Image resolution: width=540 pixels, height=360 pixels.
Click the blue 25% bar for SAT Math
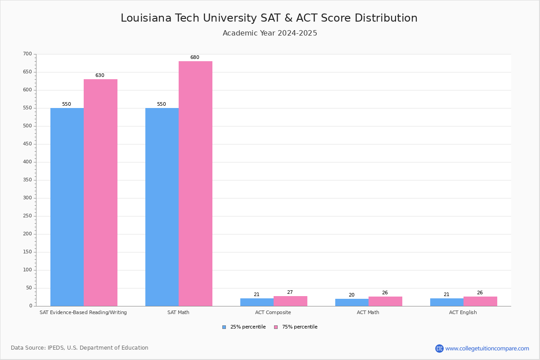point(162,207)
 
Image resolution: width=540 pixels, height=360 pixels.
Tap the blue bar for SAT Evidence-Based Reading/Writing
point(67,207)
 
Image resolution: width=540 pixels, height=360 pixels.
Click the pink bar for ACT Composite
point(290,301)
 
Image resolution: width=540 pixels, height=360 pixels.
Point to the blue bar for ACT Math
point(352,302)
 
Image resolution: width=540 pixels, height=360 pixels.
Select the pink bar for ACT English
point(480,301)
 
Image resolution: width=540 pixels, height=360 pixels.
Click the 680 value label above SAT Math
point(194,58)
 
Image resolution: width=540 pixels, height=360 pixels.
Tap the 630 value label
point(99,76)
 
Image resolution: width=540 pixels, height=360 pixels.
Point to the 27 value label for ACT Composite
point(290,292)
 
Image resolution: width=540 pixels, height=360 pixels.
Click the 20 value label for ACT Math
point(351,295)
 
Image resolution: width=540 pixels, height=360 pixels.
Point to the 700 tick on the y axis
point(27,54)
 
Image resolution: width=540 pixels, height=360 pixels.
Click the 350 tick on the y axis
point(27,180)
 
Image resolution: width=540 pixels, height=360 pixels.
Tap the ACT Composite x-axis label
point(273,312)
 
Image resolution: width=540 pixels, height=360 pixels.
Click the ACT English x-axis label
point(463,312)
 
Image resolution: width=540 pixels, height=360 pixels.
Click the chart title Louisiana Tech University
point(269,18)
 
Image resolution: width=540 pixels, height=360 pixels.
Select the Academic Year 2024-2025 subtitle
point(270,33)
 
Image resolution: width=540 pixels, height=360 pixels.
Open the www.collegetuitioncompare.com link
point(487,348)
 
